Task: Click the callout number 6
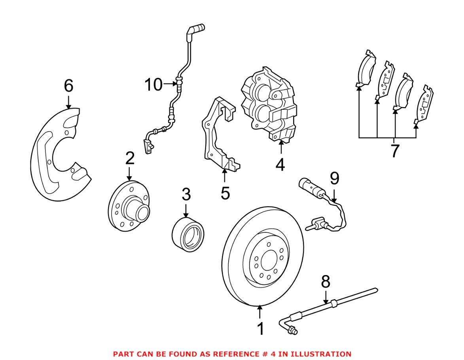coord(68,86)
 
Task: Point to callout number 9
coord(335,179)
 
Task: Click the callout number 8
coord(325,282)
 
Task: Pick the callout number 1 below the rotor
coord(260,329)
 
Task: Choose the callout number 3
coord(186,194)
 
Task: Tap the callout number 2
coord(130,158)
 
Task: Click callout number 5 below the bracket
coord(225,194)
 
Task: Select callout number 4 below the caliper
coord(280,164)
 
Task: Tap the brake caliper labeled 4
coord(269,105)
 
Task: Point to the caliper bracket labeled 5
coord(218,134)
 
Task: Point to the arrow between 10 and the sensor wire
coord(170,83)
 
